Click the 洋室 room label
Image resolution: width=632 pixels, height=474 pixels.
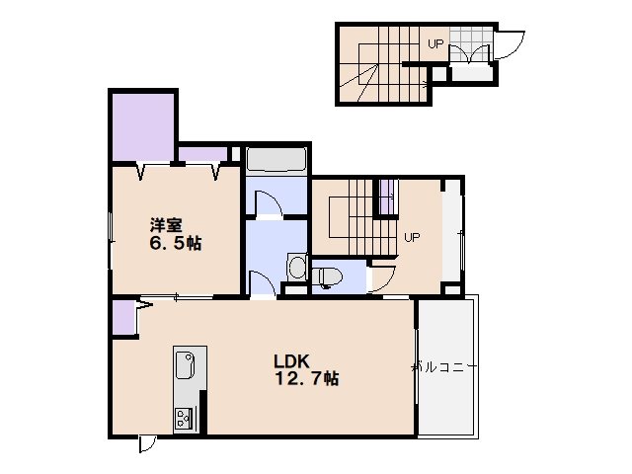pos(166,226)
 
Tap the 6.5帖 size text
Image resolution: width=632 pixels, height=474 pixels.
pos(176,244)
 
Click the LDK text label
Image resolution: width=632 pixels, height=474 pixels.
pos(292,361)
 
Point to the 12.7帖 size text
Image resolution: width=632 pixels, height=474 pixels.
pos(307,379)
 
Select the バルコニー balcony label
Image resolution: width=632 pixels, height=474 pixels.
pos(444,367)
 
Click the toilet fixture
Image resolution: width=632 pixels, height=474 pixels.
pos(327,277)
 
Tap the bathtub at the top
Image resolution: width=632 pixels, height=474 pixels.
pos(276,160)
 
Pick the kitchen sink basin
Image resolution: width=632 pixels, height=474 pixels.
pos(186,364)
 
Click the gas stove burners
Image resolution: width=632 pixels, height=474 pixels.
pos(184,419)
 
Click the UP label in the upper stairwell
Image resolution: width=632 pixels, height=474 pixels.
pos(435,43)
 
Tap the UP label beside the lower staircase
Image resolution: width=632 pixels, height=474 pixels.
pos(412,237)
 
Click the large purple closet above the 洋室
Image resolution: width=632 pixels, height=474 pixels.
pos(143,127)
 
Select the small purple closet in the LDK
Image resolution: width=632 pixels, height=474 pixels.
pos(123,317)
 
